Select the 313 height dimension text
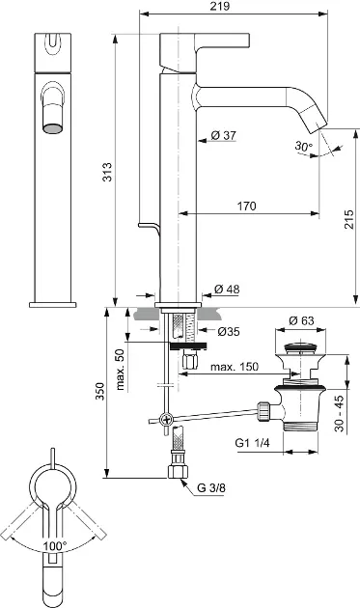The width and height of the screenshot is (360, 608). [x=107, y=172]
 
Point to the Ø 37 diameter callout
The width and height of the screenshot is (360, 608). [x=224, y=135]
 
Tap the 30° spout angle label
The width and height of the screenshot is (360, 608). [x=303, y=146]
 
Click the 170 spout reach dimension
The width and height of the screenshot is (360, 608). [x=247, y=206]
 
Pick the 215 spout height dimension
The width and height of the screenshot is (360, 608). [x=349, y=219]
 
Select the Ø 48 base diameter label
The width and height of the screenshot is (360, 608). [x=227, y=289]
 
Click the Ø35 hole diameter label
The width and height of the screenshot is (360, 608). [x=229, y=332]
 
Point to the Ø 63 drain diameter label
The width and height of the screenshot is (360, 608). [x=301, y=320]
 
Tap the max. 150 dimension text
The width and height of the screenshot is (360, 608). [x=235, y=367]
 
